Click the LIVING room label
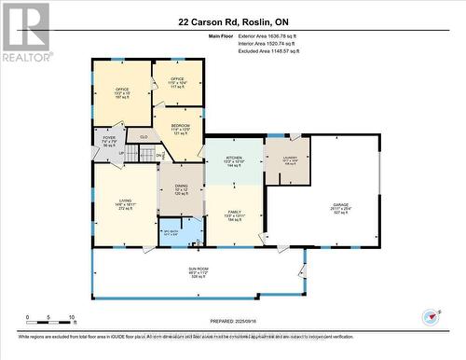(x=124, y=201)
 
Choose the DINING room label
(x=181, y=188)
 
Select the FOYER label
(x=109, y=140)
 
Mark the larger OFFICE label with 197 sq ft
(x=121, y=90)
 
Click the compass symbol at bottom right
(x=431, y=317)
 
